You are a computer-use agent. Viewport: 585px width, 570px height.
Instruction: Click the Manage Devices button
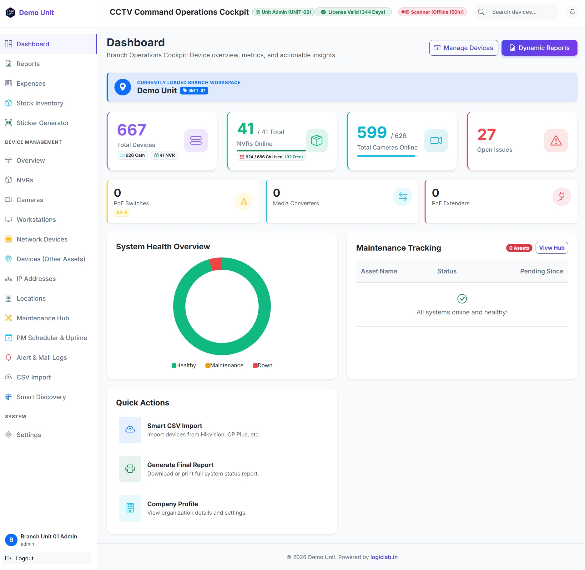[x=464, y=48]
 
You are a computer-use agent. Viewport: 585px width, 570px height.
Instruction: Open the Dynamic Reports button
[x=539, y=48]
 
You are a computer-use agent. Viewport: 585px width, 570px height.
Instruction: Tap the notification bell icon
[x=572, y=12]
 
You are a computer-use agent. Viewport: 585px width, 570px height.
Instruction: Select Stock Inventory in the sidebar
[x=40, y=103]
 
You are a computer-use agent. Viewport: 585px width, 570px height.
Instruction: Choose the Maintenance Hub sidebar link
[x=43, y=318]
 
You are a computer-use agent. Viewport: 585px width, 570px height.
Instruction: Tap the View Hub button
[x=552, y=248]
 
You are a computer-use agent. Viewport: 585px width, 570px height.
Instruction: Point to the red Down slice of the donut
[x=216, y=264]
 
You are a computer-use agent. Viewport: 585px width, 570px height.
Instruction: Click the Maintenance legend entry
[x=224, y=365]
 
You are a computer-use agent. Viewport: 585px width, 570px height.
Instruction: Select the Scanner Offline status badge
[x=432, y=12]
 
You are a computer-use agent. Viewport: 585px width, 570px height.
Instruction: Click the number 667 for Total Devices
[x=131, y=130]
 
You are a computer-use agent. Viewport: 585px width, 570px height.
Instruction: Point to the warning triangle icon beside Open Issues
[x=556, y=140]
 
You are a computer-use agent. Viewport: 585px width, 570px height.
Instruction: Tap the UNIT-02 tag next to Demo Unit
[x=194, y=91]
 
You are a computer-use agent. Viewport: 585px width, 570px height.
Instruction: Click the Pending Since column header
[x=542, y=271]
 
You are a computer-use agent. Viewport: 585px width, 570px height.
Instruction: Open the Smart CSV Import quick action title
[x=174, y=426]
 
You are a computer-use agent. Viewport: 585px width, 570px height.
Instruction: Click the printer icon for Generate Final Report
[x=130, y=469]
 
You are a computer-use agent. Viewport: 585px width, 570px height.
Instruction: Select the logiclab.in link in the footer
[x=384, y=557]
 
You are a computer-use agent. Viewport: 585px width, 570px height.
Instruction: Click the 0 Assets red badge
[x=519, y=248]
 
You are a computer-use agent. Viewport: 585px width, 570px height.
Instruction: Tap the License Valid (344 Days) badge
[x=353, y=12]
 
